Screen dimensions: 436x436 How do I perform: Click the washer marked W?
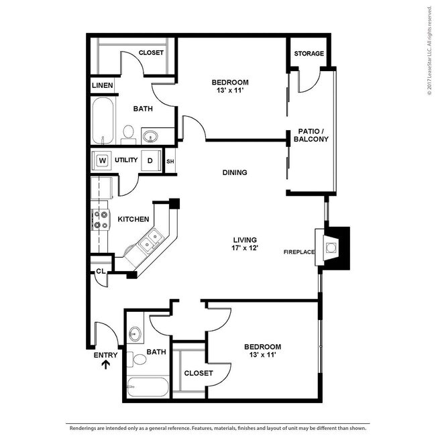(x=102, y=160)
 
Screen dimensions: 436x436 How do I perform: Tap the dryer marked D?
(x=150, y=160)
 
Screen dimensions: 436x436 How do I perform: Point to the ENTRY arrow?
(x=106, y=364)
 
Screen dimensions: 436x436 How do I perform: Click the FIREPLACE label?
(x=299, y=252)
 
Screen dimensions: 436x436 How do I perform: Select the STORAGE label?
(x=309, y=54)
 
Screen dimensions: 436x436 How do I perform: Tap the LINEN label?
(x=103, y=85)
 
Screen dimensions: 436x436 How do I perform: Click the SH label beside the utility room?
(x=170, y=161)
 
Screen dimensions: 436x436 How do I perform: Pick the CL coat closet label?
(x=101, y=271)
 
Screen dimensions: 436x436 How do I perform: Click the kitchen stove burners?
(x=101, y=219)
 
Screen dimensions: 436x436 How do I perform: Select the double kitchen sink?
(x=150, y=241)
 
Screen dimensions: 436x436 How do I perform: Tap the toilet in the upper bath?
(x=128, y=135)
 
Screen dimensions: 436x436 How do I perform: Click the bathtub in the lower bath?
(x=148, y=386)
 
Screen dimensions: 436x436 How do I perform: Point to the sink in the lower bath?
(x=135, y=333)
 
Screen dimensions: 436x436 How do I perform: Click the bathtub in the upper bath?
(x=103, y=120)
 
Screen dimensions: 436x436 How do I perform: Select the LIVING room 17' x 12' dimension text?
(x=245, y=248)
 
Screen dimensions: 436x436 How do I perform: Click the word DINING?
(x=235, y=172)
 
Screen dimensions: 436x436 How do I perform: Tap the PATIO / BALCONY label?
(x=311, y=135)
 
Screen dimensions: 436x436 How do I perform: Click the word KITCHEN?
(x=133, y=219)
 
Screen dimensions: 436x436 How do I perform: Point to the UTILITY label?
(x=126, y=160)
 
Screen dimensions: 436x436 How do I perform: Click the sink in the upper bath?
(x=150, y=137)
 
